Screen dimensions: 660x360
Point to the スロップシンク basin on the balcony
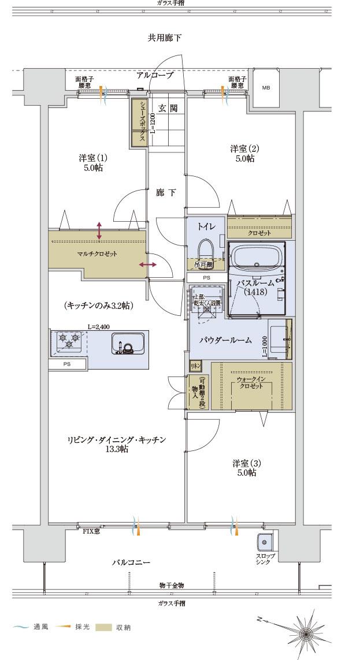tap(265, 543)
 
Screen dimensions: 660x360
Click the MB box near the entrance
tap(266, 88)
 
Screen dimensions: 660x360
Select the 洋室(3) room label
tap(244, 468)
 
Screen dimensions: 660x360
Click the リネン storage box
tap(195, 366)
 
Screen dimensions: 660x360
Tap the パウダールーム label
tap(225, 340)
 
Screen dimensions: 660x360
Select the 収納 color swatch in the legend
tap(103, 628)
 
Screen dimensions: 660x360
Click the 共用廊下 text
tap(164, 38)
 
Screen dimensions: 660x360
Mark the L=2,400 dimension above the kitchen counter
tap(99, 327)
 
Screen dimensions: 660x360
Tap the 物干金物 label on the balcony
tap(171, 586)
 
